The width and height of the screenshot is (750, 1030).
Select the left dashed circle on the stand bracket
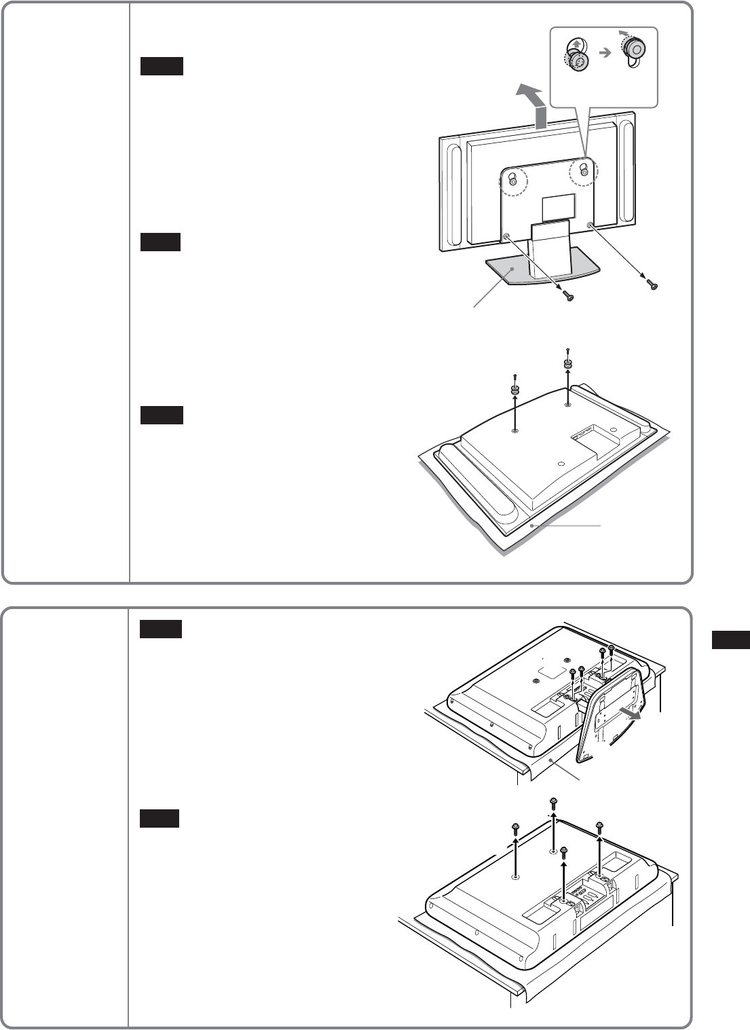pyautogui.click(x=512, y=181)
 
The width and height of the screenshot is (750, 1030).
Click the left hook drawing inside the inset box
pyautogui.click(x=576, y=54)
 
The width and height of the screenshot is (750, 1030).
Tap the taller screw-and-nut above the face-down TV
pyautogui.click(x=567, y=361)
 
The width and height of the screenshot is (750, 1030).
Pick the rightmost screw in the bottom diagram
pyautogui.click(x=599, y=826)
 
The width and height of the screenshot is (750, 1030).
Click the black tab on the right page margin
pyautogui.click(x=731, y=640)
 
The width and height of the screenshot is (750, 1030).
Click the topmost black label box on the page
pyautogui.click(x=162, y=66)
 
